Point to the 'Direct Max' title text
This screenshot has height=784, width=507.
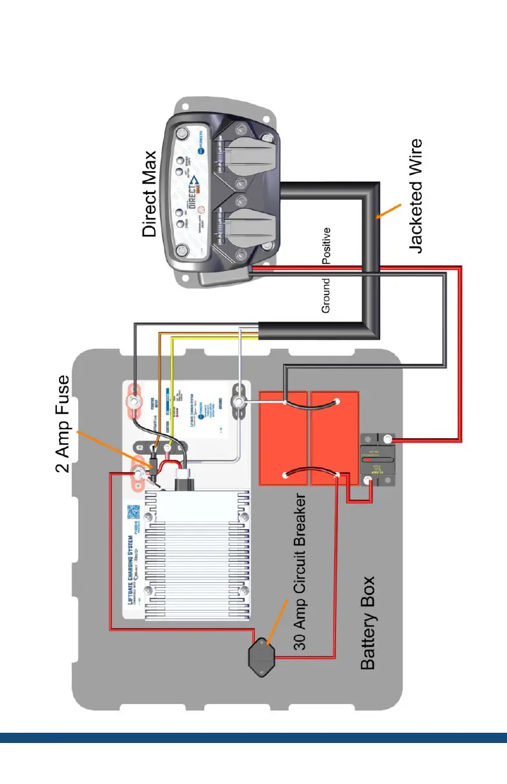(149, 195)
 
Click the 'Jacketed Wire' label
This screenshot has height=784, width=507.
(416, 196)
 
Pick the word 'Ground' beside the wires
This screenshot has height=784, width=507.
(326, 296)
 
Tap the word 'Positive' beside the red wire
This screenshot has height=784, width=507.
(326, 245)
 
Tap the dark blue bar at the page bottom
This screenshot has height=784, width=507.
(253, 737)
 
